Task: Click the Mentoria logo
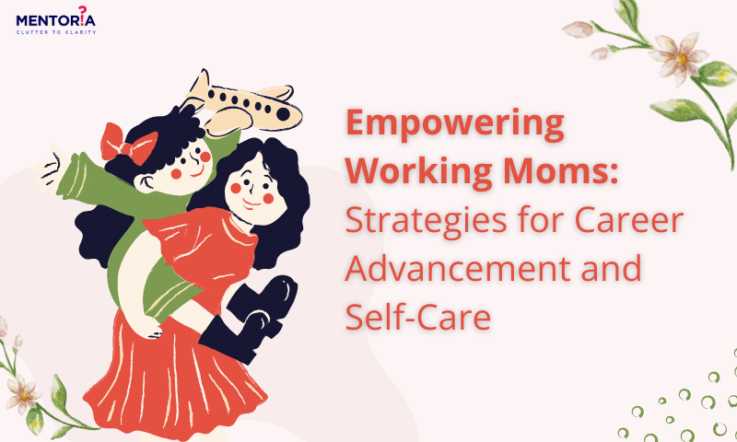click(x=56, y=20)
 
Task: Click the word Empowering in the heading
click(x=455, y=123)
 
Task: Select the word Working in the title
click(x=420, y=172)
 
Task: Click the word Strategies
click(x=426, y=221)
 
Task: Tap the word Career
click(x=629, y=220)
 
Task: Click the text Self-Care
click(x=418, y=317)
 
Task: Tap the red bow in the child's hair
click(x=127, y=145)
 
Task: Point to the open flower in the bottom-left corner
click(x=22, y=393)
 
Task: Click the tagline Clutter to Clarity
click(x=56, y=32)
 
